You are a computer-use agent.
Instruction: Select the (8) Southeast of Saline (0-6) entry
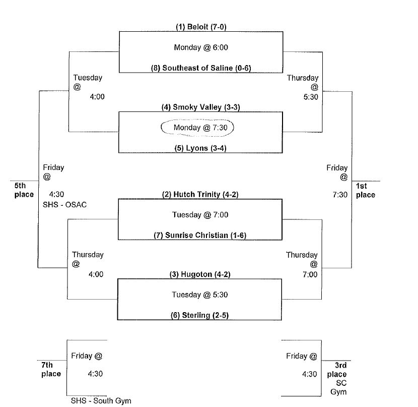pos(201,68)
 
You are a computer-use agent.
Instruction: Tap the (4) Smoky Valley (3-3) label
pos(201,107)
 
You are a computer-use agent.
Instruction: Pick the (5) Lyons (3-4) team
pos(201,148)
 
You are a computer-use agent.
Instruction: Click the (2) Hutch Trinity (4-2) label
pos(201,194)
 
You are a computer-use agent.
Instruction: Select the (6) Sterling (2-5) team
pos(201,315)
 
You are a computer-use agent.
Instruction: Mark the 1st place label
pos(366,190)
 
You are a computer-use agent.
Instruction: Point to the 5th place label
pos(24,190)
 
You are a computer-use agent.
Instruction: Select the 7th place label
pos(51,369)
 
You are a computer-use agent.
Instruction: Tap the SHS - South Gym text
pos(101,400)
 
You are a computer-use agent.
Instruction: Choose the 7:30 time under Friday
pos(340,195)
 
